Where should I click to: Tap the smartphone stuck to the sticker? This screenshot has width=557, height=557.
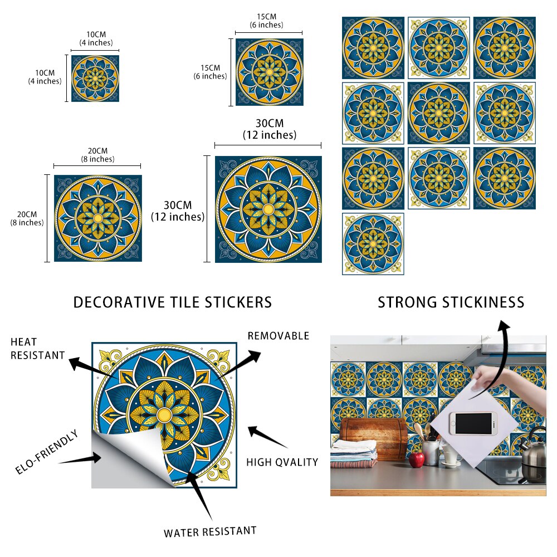tap(473, 423)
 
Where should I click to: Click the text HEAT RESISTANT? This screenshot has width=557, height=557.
tap(37, 348)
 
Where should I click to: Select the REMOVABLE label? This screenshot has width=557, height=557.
tap(278, 336)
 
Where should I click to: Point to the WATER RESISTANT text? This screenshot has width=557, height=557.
tap(210, 531)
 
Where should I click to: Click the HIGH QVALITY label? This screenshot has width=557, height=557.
tap(282, 462)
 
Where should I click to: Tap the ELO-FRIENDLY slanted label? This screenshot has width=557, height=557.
tap(47, 452)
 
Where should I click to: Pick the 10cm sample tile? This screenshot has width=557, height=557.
tap(95, 78)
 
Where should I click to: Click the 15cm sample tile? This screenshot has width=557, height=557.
tap(269, 72)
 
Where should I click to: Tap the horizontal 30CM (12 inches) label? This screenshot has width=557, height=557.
tap(269, 129)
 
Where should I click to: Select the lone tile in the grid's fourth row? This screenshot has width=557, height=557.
tap(373, 243)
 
